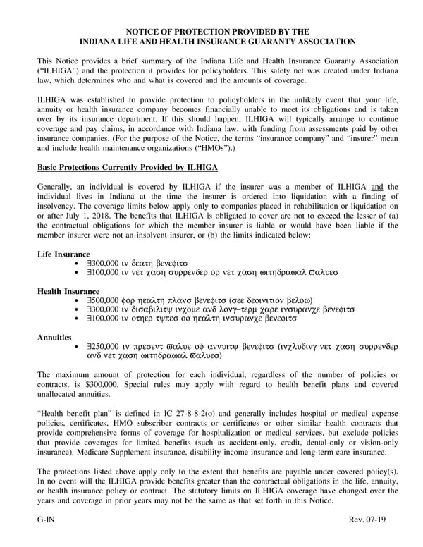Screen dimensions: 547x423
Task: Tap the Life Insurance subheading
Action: point(63,254)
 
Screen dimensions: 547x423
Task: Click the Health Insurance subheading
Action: point(68,291)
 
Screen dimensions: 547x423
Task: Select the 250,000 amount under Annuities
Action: point(105,347)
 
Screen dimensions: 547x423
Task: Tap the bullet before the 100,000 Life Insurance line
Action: point(75,271)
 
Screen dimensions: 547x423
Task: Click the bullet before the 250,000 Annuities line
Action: point(75,347)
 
